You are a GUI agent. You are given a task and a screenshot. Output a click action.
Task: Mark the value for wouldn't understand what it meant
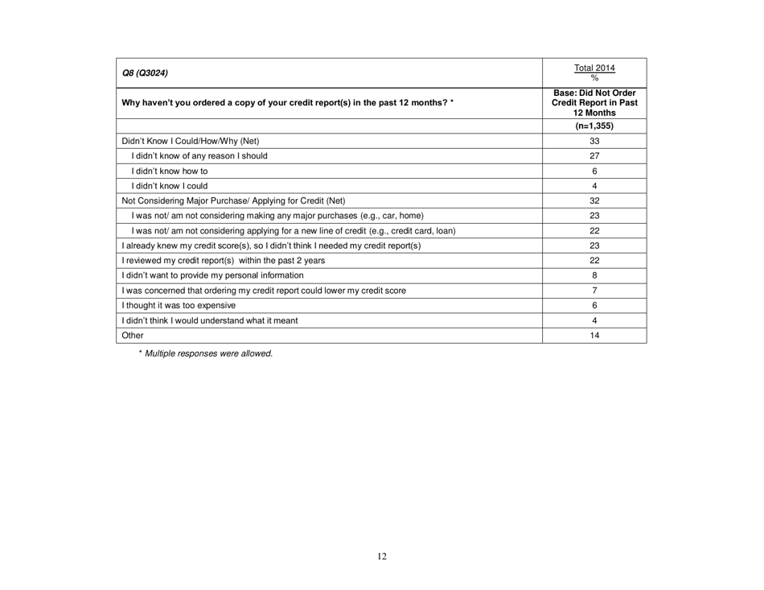[595, 340]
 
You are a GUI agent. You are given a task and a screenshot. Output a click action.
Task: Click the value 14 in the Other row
[595, 356]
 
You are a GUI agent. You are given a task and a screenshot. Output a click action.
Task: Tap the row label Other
[129, 356]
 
